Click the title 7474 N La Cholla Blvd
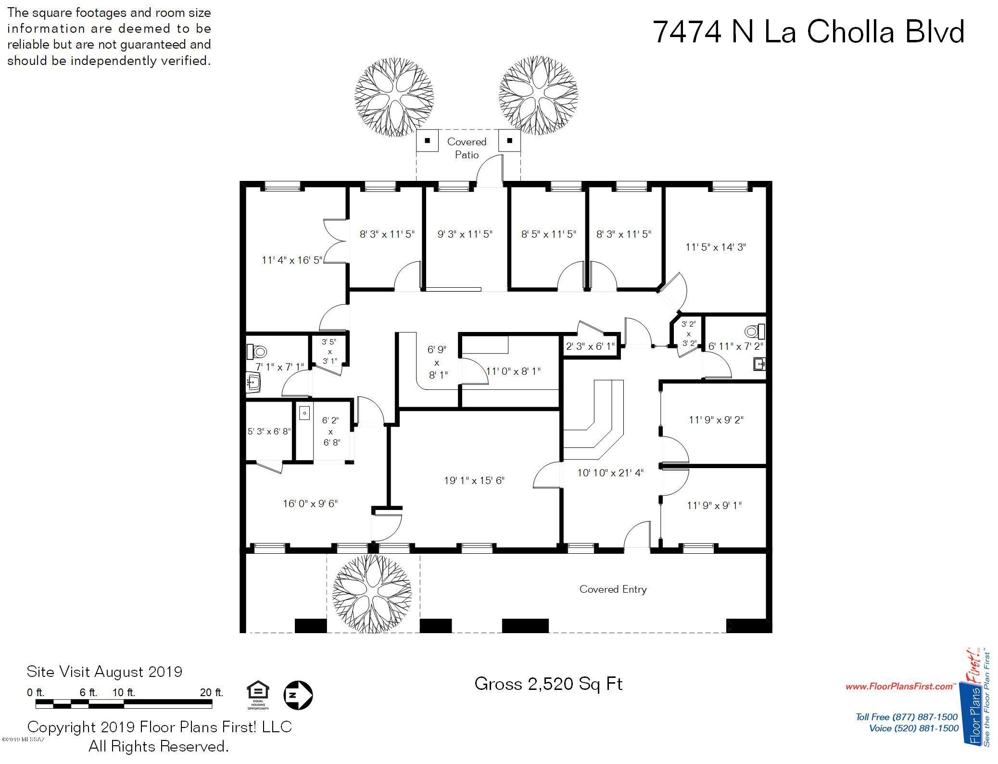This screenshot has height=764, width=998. [808, 32]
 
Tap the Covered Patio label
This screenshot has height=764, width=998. [467, 148]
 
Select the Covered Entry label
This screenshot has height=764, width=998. [613, 589]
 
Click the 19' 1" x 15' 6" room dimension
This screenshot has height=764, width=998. [474, 480]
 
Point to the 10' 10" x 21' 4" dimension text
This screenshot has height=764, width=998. [610, 473]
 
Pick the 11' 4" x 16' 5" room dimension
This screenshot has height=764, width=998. [292, 260]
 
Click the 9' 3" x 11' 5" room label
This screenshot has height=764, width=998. [465, 234]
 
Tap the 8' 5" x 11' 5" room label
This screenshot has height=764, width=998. [548, 234]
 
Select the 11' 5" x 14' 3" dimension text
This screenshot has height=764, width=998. [716, 247]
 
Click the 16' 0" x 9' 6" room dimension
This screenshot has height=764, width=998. [310, 504]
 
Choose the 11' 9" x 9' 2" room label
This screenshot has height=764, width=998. [716, 420]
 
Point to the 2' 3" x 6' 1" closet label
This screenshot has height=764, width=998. [590, 346]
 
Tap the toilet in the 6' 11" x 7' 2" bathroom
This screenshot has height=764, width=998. [754, 331]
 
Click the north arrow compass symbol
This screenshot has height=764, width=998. [298, 695]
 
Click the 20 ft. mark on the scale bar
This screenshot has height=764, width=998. [212, 693]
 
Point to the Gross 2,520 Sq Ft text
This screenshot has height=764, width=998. [548, 684]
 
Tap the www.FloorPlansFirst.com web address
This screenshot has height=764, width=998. [899, 687]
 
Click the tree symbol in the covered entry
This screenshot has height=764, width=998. [372, 594]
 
